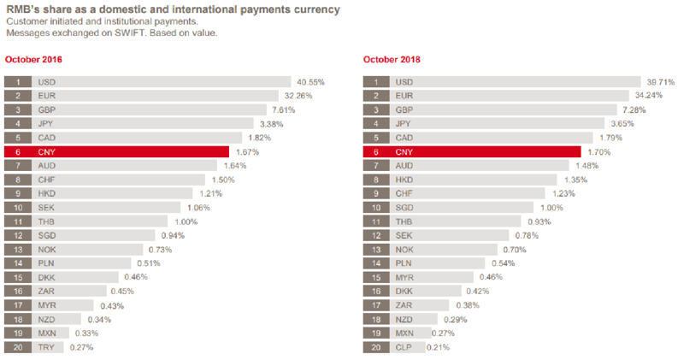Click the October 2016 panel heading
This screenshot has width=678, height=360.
(x=33, y=60)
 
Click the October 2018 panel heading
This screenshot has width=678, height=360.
(x=392, y=60)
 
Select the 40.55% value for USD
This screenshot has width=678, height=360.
(x=310, y=82)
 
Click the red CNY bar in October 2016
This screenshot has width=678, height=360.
(x=128, y=152)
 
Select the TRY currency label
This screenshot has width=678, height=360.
(x=46, y=348)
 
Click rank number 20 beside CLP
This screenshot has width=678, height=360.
(x=375, y=348)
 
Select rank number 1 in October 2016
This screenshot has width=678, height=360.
(x=17, y=82)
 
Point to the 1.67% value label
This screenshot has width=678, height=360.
(x=246, y=152)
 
